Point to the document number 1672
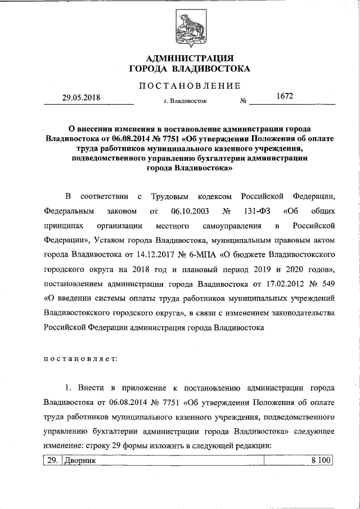point(285,97)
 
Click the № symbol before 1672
point(244,102)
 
